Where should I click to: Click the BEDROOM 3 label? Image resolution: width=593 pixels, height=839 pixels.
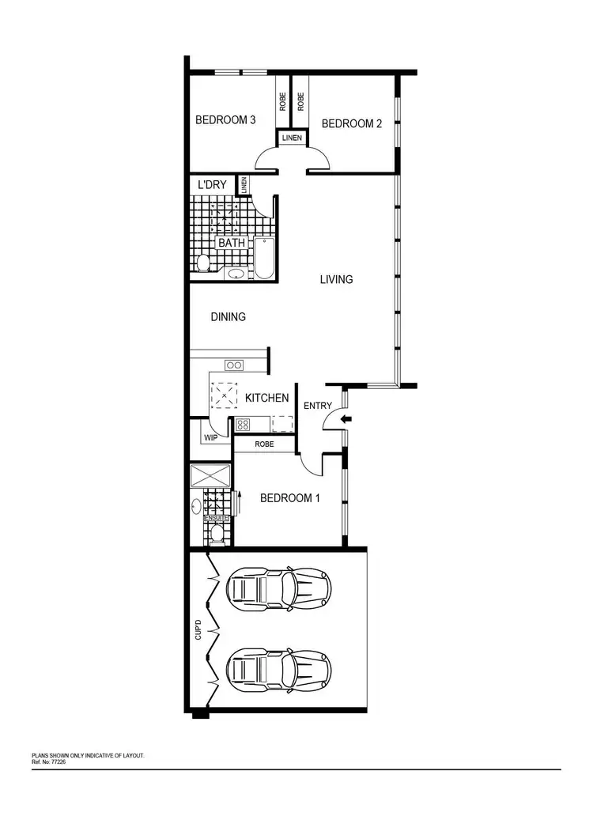[225, 121]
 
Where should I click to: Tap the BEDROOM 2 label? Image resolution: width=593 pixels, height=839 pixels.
[352, 123]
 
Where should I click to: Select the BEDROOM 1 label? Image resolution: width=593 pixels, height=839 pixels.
[290, 498]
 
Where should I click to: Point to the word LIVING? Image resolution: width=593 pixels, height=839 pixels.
[336, 279]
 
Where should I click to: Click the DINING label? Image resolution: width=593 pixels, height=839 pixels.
[228, 317]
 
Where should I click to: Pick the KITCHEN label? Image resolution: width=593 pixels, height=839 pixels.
[266, 398]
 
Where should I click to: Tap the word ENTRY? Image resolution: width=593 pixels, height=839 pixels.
[318, 406]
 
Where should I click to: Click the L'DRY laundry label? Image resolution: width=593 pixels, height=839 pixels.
[212, 185]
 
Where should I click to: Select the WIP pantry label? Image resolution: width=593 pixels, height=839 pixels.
[211, 437]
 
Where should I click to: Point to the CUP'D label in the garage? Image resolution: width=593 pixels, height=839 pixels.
[199, 631]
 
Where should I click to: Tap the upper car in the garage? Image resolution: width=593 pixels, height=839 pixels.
[278, 588]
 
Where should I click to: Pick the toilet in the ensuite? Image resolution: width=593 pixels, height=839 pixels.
[215, 535]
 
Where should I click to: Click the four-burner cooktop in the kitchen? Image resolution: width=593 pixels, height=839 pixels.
[243, 424]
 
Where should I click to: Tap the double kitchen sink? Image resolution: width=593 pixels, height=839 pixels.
[234, 365]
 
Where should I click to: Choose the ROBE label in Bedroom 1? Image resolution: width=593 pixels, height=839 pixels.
[264, 444]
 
